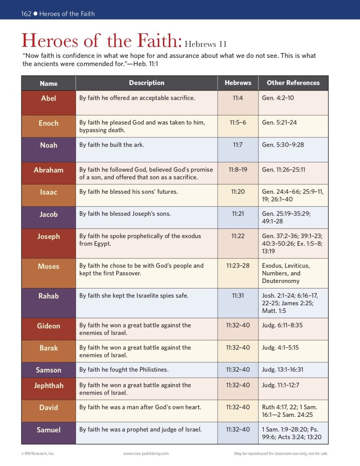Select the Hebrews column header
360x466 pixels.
238,83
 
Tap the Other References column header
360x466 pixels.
293,83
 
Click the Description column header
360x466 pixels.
147,83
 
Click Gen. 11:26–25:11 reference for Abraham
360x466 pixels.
284,170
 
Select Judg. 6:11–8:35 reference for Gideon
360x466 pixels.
283,325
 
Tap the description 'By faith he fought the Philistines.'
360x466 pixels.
124,370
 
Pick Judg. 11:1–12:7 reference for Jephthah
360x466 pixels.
280,385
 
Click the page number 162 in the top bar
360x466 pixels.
26,14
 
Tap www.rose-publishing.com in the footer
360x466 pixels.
146,454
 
